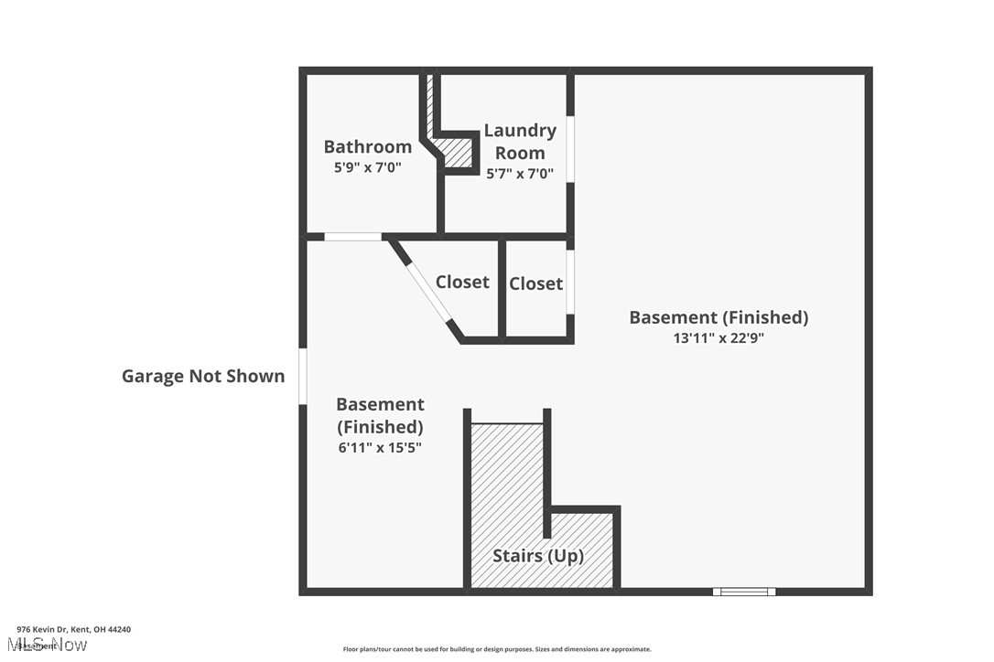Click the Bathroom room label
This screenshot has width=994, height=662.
(x=367, y=146)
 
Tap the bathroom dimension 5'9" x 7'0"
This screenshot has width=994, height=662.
(x=367, y=168)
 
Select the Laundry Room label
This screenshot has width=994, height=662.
(x=520, y=142)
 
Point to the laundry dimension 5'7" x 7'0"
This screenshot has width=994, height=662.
(x=520, y=174)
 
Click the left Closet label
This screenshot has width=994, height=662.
(x=461, y=282)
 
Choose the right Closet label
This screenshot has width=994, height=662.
(x=535, y=283)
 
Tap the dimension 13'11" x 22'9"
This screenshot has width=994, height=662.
(x=718, y=337)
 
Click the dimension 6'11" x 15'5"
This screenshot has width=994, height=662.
(x=379, y=447)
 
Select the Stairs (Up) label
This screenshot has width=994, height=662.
(x=538, y=555)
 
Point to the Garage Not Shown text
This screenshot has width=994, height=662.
(x=203, y=376)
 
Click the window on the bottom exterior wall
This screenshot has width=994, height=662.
(x=744, y=592)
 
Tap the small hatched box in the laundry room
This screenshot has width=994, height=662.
(x=458, y=151)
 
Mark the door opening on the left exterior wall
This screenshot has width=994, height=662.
(x=303, y=376)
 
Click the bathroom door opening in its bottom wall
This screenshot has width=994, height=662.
(x=353, y=237)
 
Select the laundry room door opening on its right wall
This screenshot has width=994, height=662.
(x=570, y=149)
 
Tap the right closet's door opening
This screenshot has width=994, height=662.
(x=570, y=283)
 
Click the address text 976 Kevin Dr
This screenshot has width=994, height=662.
(x=73, y=629)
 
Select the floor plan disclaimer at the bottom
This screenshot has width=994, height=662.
(x=497, y=649)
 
